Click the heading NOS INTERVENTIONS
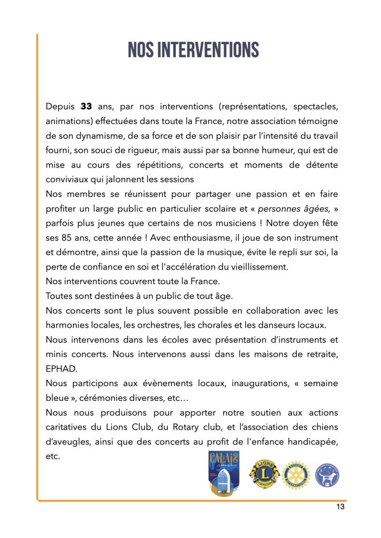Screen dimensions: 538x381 194,50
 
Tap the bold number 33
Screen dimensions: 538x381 86,107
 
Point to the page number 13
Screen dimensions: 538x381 340,507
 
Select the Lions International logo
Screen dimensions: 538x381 264,474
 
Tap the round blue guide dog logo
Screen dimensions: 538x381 327,475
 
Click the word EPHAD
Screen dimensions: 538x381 61,368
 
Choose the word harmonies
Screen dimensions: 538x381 67,325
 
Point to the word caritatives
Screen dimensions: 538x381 69,427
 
